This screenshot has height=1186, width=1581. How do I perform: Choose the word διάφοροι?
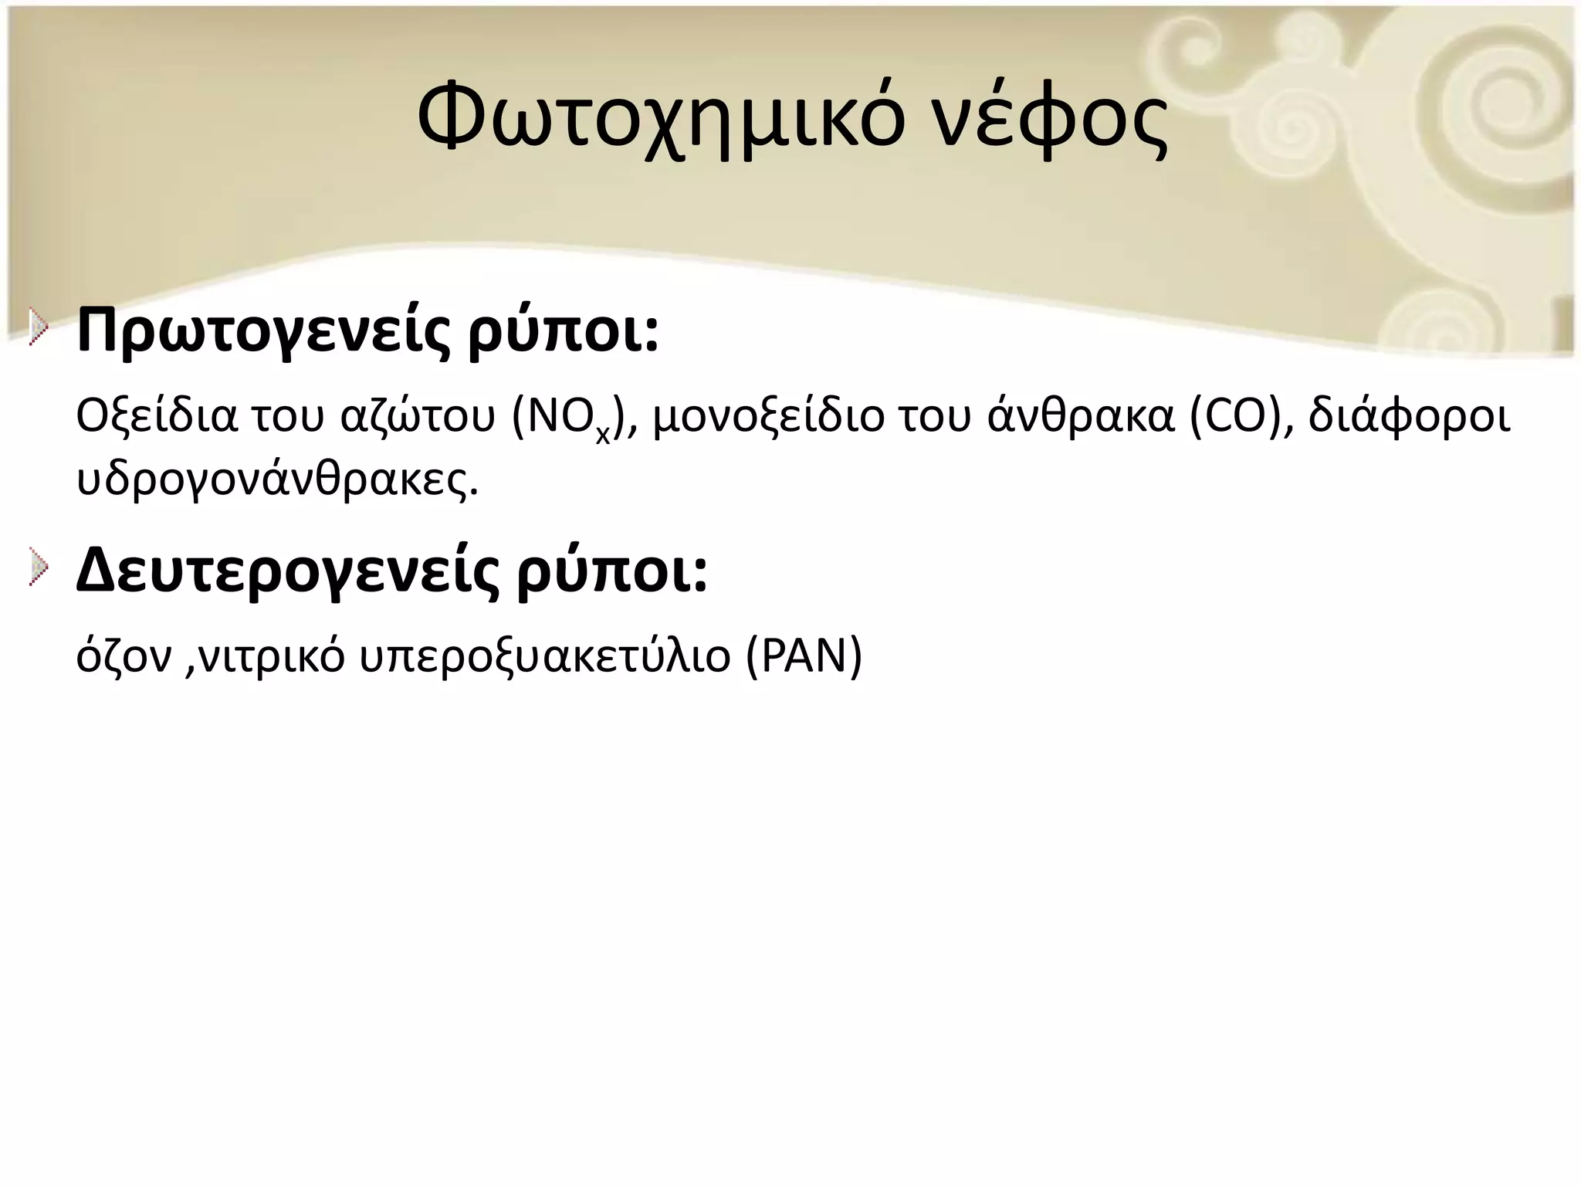tap(1409, 417)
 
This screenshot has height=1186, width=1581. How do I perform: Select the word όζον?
tap(124, 657)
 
